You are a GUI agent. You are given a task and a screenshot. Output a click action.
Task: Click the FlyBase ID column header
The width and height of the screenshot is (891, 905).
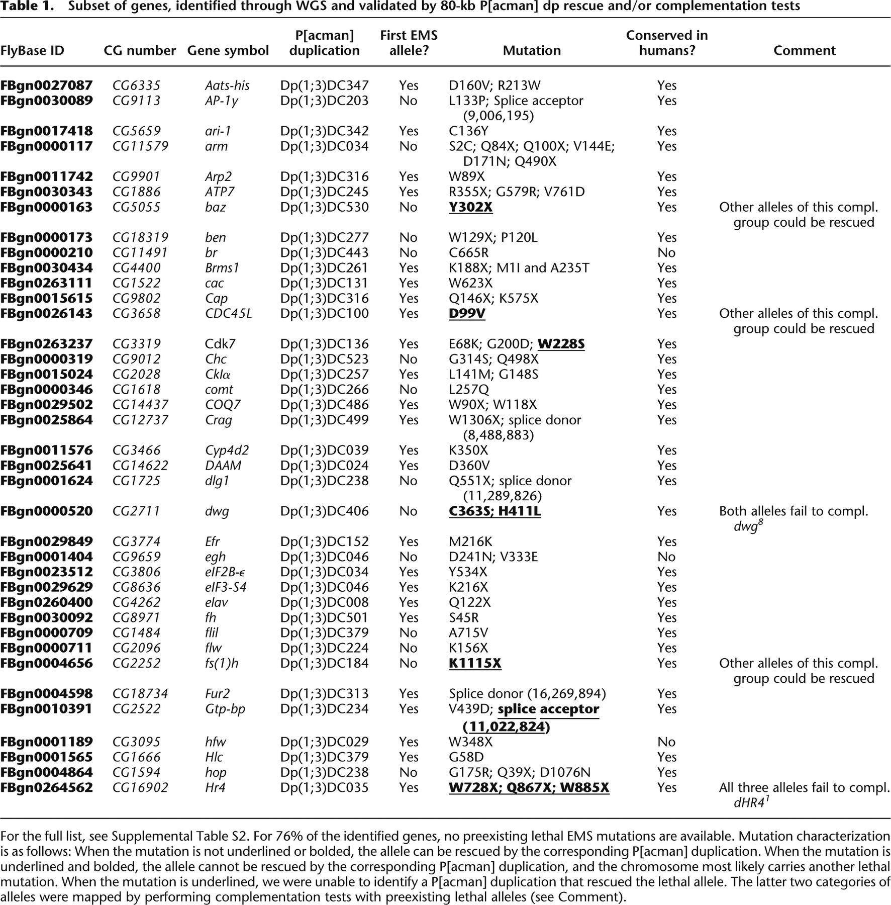[32, 51]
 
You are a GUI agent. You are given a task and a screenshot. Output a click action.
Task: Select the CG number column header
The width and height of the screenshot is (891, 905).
[140, 51]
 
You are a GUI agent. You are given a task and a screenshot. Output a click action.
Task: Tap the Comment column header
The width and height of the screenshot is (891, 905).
[804, 51]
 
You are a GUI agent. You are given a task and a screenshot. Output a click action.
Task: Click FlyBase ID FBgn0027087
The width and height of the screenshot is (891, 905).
[46, 85]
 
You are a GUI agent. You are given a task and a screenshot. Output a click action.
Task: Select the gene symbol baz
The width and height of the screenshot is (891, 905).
[215, 207]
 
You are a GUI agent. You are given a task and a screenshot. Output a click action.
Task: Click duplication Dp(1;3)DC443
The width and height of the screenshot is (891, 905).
[324, 252]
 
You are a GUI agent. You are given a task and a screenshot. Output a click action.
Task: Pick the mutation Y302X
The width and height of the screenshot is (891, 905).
[470, 207]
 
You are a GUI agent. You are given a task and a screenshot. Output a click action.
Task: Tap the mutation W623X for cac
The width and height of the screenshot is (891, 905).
[470, 283]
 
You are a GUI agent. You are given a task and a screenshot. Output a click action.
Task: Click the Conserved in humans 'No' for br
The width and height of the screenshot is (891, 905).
[666, 252]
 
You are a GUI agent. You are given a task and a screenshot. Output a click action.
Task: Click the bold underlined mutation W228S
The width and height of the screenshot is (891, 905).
[561, 344]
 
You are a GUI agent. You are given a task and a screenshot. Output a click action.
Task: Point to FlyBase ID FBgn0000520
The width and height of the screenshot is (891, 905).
[46, 511]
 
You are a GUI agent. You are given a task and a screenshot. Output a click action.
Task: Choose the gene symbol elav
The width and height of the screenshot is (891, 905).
[216, 602]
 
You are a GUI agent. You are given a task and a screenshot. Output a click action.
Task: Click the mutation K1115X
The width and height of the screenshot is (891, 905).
[475, 663]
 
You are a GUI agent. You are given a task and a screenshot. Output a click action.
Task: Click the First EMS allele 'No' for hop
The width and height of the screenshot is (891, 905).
[408, 772]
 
